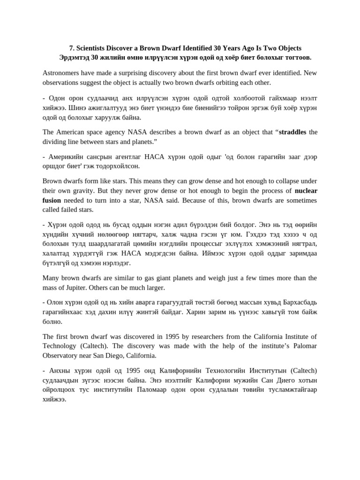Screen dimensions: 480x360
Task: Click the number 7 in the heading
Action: pos(72,48)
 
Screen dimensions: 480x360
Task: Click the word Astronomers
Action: pos(62,73)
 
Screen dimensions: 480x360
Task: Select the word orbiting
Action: pos(224,82)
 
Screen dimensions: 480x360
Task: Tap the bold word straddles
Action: pos(292,132)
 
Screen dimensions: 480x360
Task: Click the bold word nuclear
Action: pos(306,191)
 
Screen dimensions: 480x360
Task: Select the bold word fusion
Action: pos(52,200)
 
